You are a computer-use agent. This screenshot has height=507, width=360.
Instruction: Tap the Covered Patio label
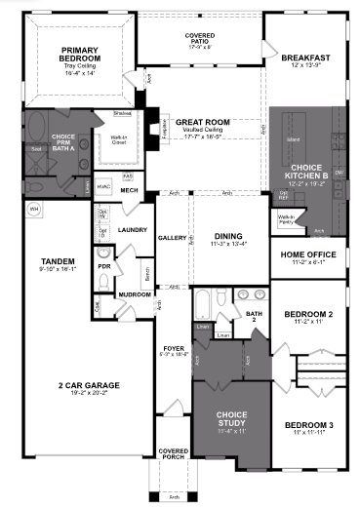[200, 40]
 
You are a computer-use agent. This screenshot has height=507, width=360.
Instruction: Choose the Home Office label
[306, 257]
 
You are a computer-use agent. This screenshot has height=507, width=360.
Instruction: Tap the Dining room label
[229, 238]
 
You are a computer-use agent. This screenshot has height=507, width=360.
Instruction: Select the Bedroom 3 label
[306, 425]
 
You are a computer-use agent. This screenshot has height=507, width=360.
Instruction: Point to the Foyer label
[173, 348]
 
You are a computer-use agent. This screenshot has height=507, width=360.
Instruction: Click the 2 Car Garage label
[90, 388]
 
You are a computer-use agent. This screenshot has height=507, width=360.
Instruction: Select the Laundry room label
[131, 230]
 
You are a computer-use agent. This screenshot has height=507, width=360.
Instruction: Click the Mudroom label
[132, 293]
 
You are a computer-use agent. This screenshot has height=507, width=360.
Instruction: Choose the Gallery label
[172, 238]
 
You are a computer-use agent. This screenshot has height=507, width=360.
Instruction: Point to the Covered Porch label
[173, 454]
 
